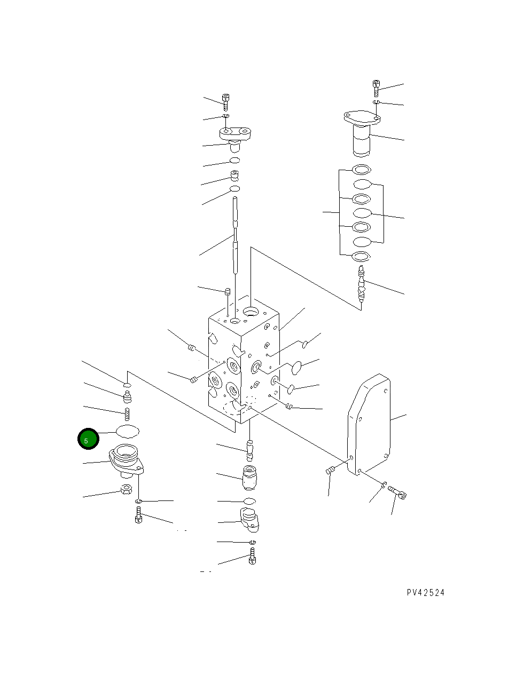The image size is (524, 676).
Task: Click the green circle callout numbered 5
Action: (x=87, y=439)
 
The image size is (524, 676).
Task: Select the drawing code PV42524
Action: (x=425, y=592)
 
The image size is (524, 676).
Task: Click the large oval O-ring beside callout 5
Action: (x=127, y=431)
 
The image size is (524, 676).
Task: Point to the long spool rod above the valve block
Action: (x=234, y=235)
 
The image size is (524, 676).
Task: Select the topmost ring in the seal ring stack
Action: (x=362, y=170)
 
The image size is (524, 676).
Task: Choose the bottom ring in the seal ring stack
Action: (x=362, y=257)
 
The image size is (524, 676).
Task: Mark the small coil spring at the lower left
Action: (x=128, y=413)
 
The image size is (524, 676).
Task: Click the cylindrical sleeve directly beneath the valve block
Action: (x=249, y=476)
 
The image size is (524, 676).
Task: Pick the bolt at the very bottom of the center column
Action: (x=252, y=559)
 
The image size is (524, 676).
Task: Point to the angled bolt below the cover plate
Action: (x=397, y=491)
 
